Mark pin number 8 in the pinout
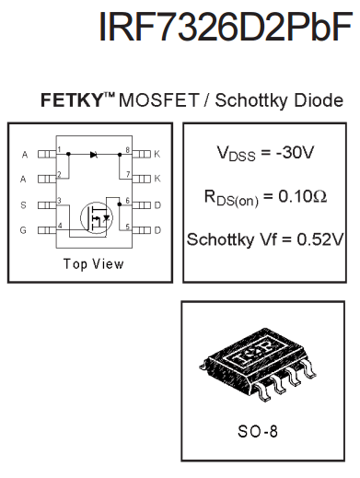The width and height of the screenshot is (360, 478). (127, 149)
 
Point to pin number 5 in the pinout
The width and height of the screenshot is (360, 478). (127, 226)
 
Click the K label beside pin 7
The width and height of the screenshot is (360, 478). (158, 178)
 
